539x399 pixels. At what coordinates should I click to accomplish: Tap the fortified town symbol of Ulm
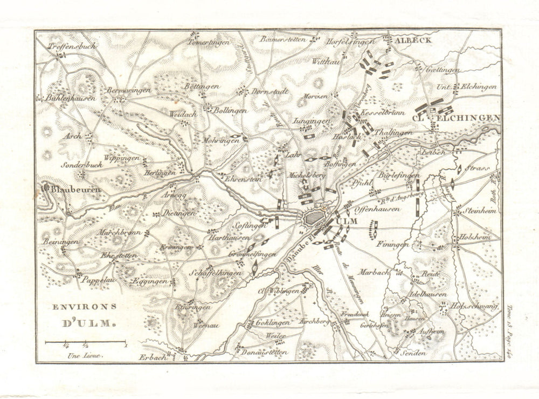tap(313, 218)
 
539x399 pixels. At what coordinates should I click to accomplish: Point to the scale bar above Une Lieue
tap(85, 342)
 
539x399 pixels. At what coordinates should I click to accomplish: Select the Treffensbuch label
tap(71, 46)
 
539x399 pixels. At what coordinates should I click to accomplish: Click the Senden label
tap(414, 353)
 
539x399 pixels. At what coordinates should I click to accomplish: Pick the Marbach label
tap(372, 273)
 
